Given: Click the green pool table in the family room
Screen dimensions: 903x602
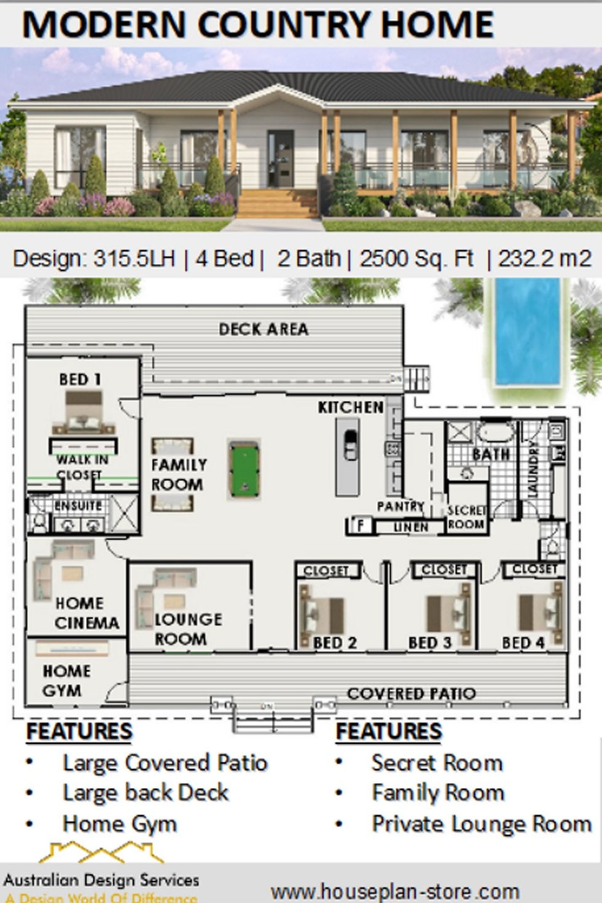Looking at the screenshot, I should point(243,468).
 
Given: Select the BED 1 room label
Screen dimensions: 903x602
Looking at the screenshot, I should point(80,380).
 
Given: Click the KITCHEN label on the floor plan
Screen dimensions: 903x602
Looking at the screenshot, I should point(350,407).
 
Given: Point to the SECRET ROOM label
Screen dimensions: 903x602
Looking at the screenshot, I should point(466,517).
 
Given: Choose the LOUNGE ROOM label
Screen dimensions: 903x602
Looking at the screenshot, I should point(187,629).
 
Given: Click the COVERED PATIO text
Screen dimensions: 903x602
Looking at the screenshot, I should point(411,694).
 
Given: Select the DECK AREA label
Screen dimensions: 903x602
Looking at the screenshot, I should point(264,329).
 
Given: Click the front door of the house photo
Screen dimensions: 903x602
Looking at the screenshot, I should point(280,158).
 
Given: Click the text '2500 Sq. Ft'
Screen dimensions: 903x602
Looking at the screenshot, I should point(416,259).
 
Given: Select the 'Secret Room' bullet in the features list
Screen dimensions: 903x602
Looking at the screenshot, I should point(437,763).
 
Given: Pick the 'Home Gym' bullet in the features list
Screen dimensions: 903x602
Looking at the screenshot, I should point(120,824).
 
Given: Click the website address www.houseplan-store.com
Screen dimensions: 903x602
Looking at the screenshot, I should point(395,891).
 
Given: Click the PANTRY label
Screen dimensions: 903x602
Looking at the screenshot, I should point(401,506).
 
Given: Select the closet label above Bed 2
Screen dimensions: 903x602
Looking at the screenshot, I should point(326,571).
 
